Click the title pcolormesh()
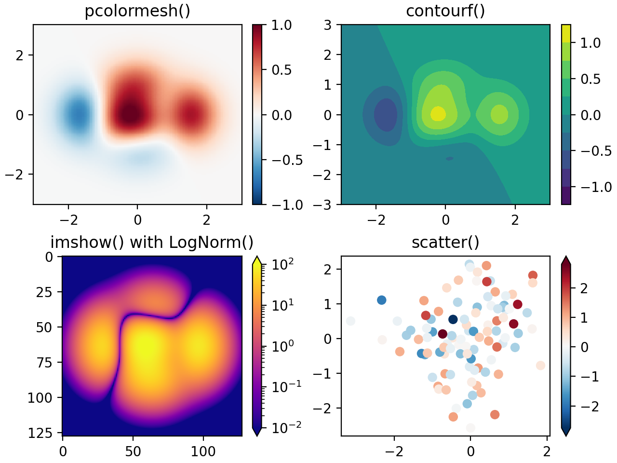[137, 11]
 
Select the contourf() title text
[445, 11]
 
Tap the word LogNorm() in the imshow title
[211, 242]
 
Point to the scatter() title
[445, 242]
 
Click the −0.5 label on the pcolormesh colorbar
[287, 160]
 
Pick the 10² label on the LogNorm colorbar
[282, 265]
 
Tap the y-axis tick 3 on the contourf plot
[328, 25]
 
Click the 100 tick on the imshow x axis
[203, 451]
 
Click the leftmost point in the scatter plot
[350, 321]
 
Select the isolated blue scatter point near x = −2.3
[381, 300]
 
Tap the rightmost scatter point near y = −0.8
[540, 366]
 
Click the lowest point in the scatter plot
[470, 428]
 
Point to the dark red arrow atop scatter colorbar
[566, 260]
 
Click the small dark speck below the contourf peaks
[449, 158]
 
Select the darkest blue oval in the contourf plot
[386, 115]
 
